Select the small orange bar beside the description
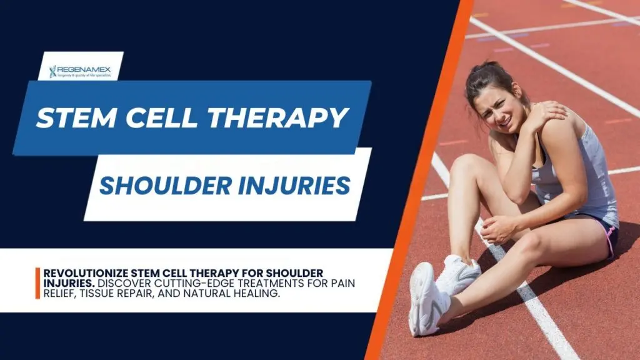click(x=37, y=283)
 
